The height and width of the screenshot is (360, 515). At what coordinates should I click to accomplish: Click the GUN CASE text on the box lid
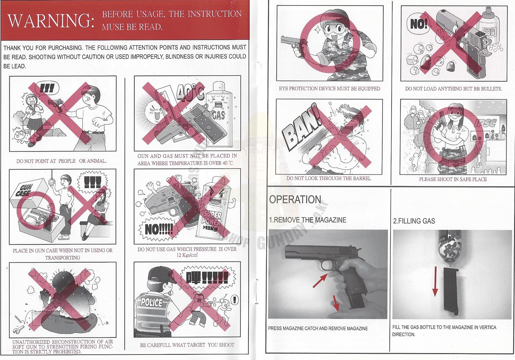click(25, 190)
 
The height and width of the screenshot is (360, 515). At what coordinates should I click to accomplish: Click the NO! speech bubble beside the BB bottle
click(418, 24)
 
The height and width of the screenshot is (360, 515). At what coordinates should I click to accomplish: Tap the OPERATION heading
click(295, 200)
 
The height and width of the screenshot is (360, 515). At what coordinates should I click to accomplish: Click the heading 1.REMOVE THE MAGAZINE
click(308, 220)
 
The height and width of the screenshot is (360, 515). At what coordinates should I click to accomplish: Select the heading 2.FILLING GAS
click(414, 221)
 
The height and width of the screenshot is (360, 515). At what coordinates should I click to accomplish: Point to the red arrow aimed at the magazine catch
click(320, 281)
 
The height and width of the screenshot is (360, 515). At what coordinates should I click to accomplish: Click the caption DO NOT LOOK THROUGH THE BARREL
click(329, 179)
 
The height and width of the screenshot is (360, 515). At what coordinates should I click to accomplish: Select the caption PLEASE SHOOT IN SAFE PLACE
click(453, 179)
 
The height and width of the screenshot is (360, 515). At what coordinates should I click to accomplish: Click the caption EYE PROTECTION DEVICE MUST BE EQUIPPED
click(330, 89)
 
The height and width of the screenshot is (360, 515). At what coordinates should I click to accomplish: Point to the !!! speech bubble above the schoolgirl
click(47, 88)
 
